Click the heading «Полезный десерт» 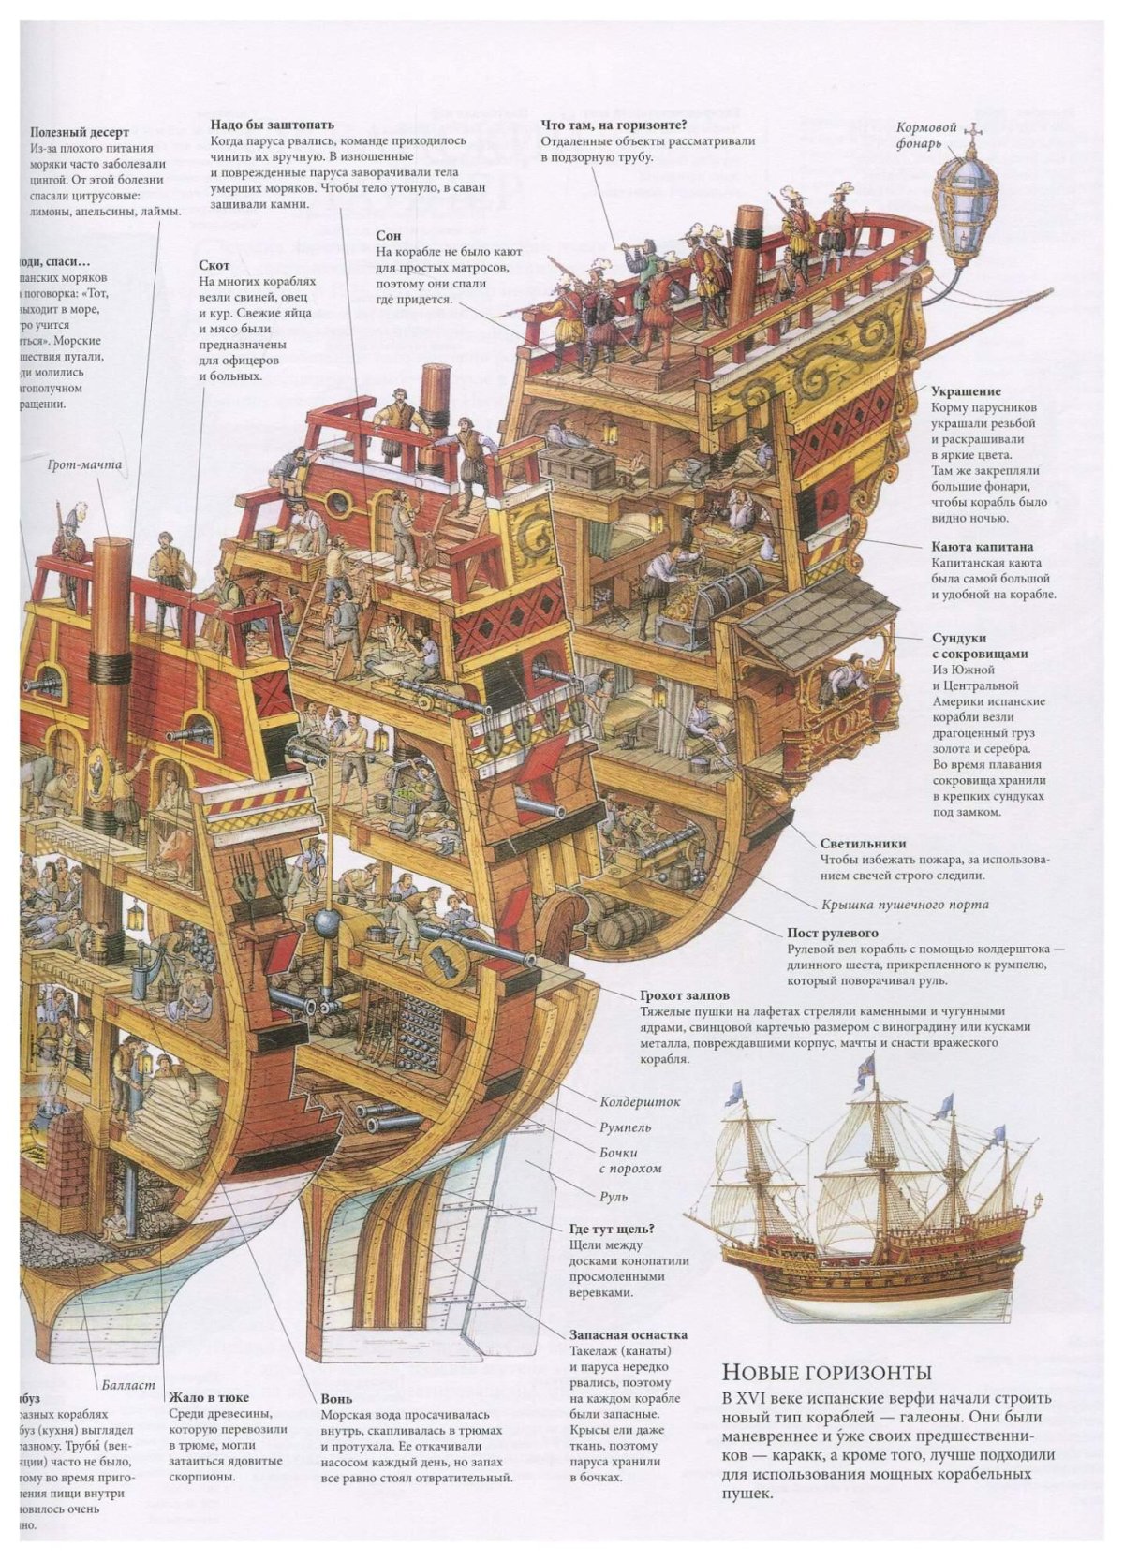tap(79, 133)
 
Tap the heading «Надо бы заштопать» tap(272, 125)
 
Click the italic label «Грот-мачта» tap(84, 464)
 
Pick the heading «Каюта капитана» tap(982, 547)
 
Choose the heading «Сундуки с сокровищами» tap(980, 646)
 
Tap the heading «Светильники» tap(863, 843)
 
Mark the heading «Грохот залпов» tap(685, 995)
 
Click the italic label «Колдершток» tap(640, 1102)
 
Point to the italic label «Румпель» tap(625, 1127)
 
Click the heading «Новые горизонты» tap(827, 1373)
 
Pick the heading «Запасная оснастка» tap(629, 1334)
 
